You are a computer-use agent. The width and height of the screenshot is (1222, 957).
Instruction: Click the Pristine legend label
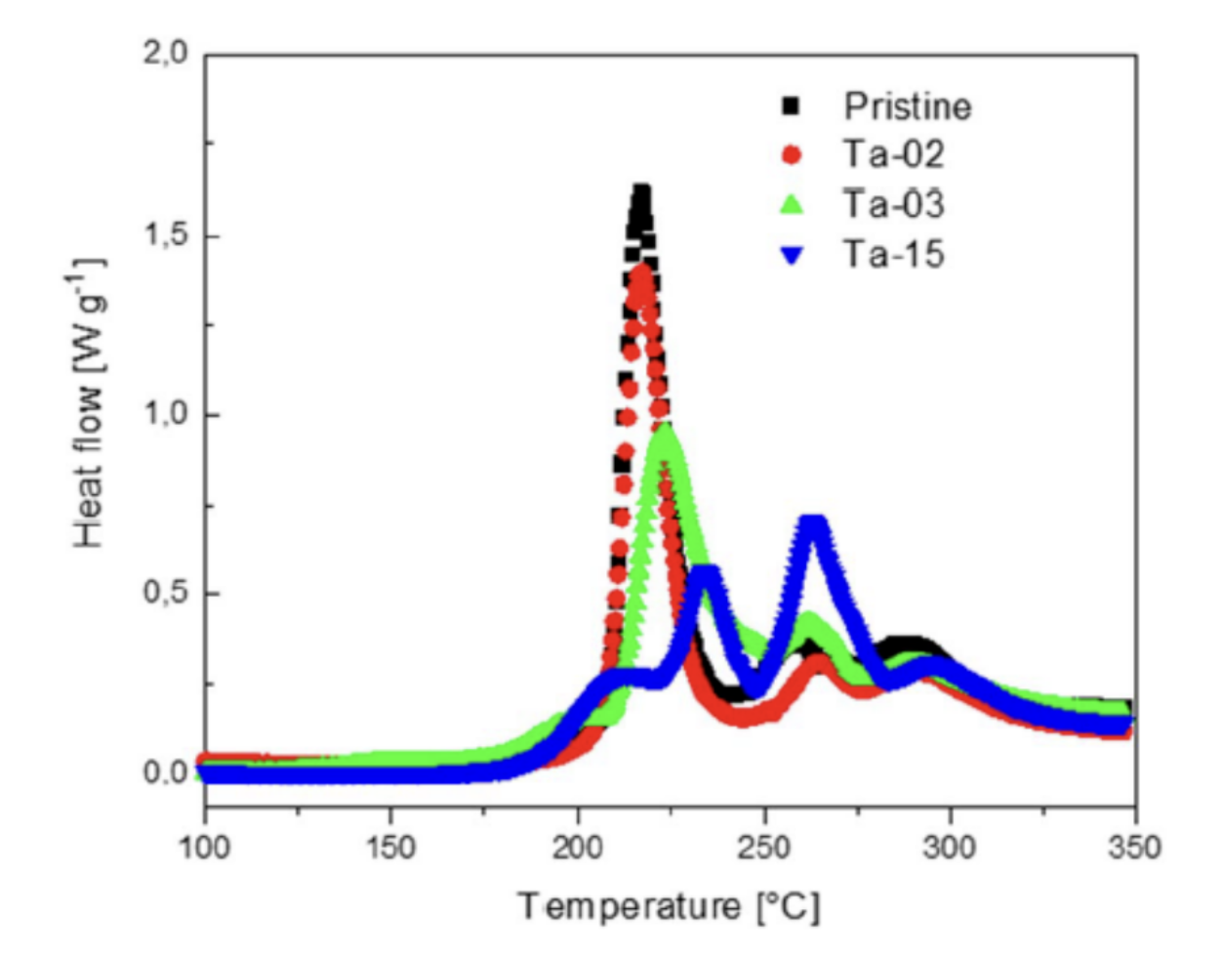point(908,106)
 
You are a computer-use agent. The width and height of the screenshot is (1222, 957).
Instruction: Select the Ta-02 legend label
point(894,154)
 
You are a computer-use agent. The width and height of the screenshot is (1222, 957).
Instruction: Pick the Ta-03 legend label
point(894,204)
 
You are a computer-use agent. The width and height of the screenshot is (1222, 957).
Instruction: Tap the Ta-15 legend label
point(894,255)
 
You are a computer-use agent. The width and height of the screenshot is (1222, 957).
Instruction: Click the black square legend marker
point(791,105)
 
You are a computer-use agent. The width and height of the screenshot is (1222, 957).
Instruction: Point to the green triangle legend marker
point(792,204)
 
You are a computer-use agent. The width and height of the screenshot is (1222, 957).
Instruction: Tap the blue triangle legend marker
point(792,256)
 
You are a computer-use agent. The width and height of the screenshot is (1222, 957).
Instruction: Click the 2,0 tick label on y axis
point(165,55)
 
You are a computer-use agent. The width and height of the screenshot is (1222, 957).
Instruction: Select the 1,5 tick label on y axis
point(165,235)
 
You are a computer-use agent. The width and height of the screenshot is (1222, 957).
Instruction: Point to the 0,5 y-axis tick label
point(165,594)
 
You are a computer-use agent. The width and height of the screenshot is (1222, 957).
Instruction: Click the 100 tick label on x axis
point(205,847)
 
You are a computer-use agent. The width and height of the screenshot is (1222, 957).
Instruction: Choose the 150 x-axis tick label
point(390,847)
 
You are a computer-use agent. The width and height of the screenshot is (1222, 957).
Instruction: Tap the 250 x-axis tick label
point(763,847)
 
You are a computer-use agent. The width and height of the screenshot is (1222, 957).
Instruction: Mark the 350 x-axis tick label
point(1134,847)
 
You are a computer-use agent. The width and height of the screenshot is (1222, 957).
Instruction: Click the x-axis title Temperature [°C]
point(669,907)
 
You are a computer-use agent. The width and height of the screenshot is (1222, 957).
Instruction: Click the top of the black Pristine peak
point(641,192)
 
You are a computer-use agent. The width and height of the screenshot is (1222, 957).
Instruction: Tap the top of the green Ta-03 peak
point(666,431)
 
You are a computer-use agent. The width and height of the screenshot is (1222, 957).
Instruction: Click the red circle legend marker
point(792,154)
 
